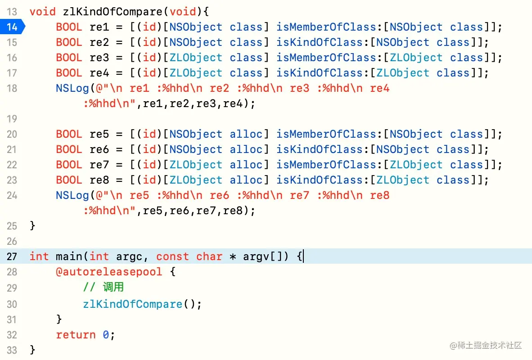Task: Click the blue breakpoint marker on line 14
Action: [12, 27]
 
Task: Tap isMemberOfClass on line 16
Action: [326, 58]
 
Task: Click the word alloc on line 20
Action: [246, 134]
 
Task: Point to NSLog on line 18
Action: [72, 88]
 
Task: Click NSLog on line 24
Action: [72, 195]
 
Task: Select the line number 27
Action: [12, 256]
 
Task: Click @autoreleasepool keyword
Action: [109, 272]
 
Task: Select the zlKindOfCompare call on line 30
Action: [132, 304]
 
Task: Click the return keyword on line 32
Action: [76, 335]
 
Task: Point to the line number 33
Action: [12, 350]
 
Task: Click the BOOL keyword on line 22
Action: [69, 165]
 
